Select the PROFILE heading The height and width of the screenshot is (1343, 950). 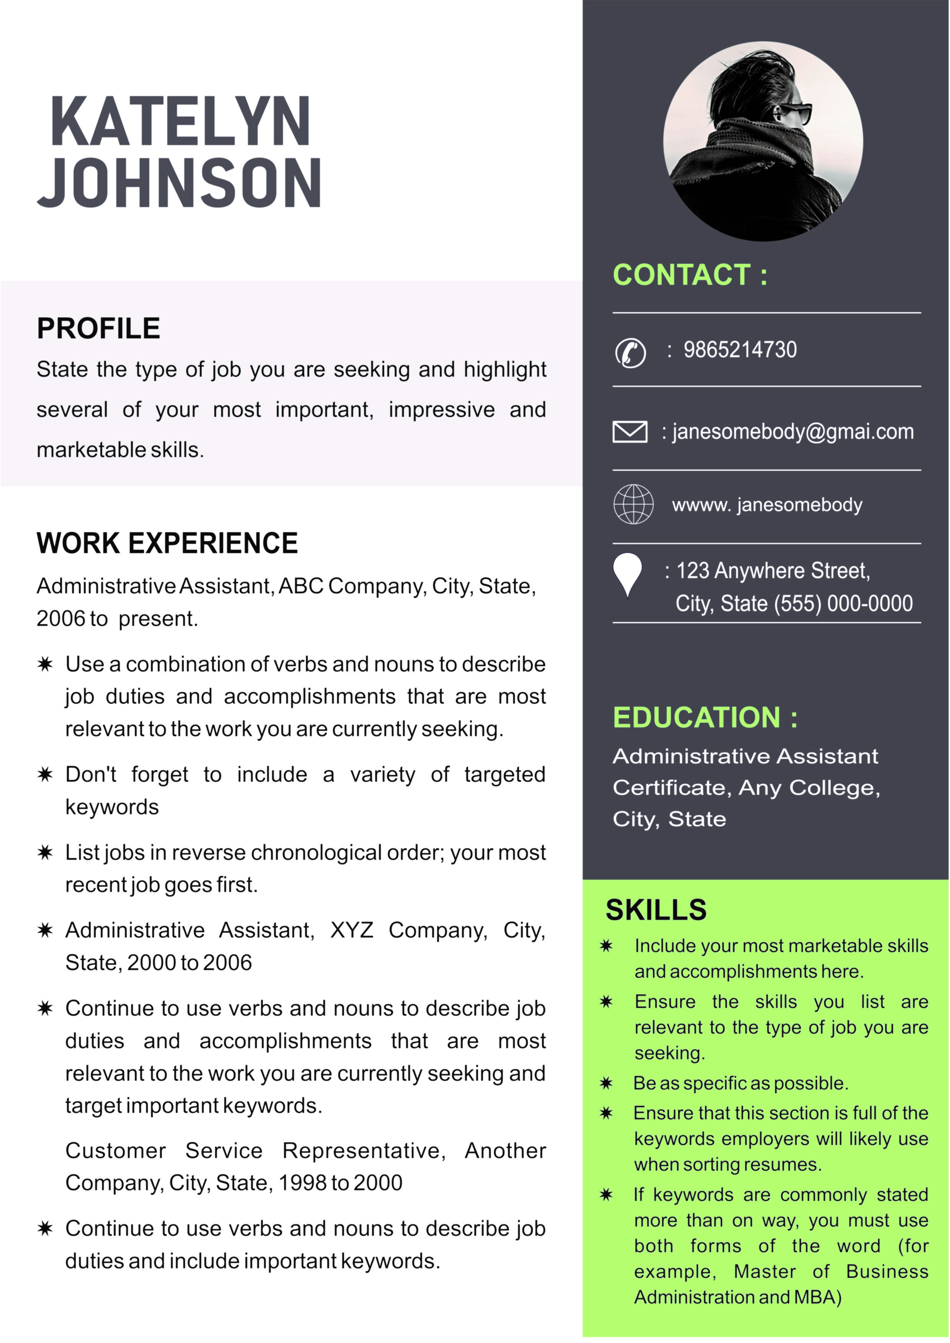(x=98, y=328)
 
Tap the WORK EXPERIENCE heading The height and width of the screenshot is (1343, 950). (x=167, y=543)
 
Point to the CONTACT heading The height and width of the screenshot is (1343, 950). (x=690, y=275)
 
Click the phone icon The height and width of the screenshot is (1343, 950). (x=630, y=353)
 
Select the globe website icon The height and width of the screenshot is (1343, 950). (x=633, y=504)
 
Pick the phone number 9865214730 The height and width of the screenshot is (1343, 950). (x=739, y=350)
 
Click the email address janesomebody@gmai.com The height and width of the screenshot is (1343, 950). (x=793, y=432)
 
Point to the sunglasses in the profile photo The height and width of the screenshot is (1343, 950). (x=796, y=111)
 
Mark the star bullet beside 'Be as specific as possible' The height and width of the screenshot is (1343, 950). (x=606, y=1083)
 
